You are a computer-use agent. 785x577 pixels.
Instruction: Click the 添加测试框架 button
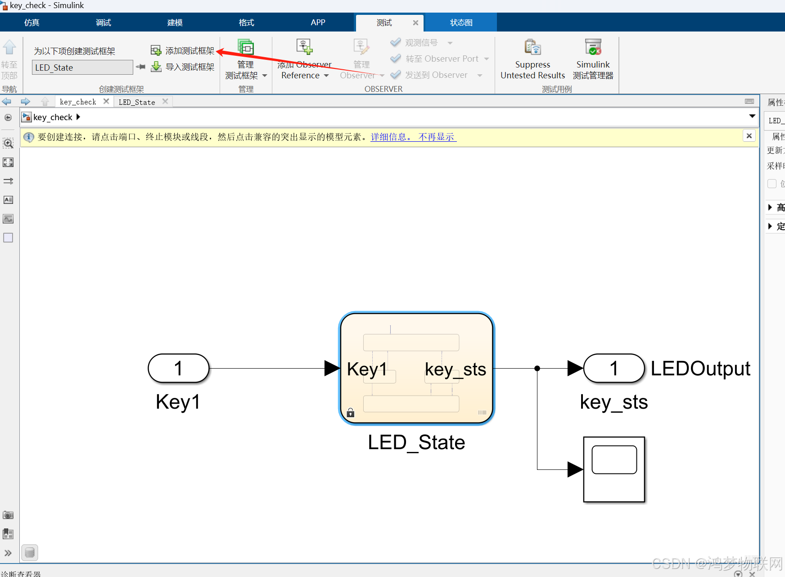pyautogui.click(x=183, y=50)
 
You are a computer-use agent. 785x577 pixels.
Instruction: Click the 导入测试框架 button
pyautogui.click(x=183, y=67)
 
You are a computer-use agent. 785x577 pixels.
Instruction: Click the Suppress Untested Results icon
pyautogui.click(x=532, y=48)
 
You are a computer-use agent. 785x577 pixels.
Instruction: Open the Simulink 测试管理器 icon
pyautogui.click(x=593, y=48)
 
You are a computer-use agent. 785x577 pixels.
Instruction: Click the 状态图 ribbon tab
pyautogui.click(x=461, y=23)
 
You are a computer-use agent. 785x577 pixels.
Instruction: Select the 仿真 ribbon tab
pyautogui.click(x=32, y=23)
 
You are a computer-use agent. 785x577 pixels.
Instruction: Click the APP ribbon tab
pyautogui.click(x=318, y=23)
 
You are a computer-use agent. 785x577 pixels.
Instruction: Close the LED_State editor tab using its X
pyautogui.click(x=165, y=102)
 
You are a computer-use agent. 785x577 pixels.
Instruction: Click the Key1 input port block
pyautogui.click(x=179, y=368)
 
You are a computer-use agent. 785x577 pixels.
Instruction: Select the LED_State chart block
pyautogui.click(x=416, y=368)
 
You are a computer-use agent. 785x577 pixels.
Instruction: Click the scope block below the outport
pyautogui.click(x=614, y=469)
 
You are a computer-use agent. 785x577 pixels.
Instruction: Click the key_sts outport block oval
pyautogui.click(x=614, y=368)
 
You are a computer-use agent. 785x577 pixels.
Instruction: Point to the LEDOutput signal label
pyautogui.click(x=700, y=369)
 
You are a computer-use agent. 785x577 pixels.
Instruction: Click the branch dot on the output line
pyautogui.click(x=537, y=368)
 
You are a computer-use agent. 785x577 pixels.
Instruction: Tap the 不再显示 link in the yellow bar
pyautogui.click(x=437, y=137)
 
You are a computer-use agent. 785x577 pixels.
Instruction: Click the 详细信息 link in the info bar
pyautogui.click(x=390, y=137)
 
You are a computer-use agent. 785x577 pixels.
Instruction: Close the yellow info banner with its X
pyautogui.click(x=749, y=136)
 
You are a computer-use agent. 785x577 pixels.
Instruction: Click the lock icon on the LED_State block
pyautogui.click(x=351, y=412)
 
